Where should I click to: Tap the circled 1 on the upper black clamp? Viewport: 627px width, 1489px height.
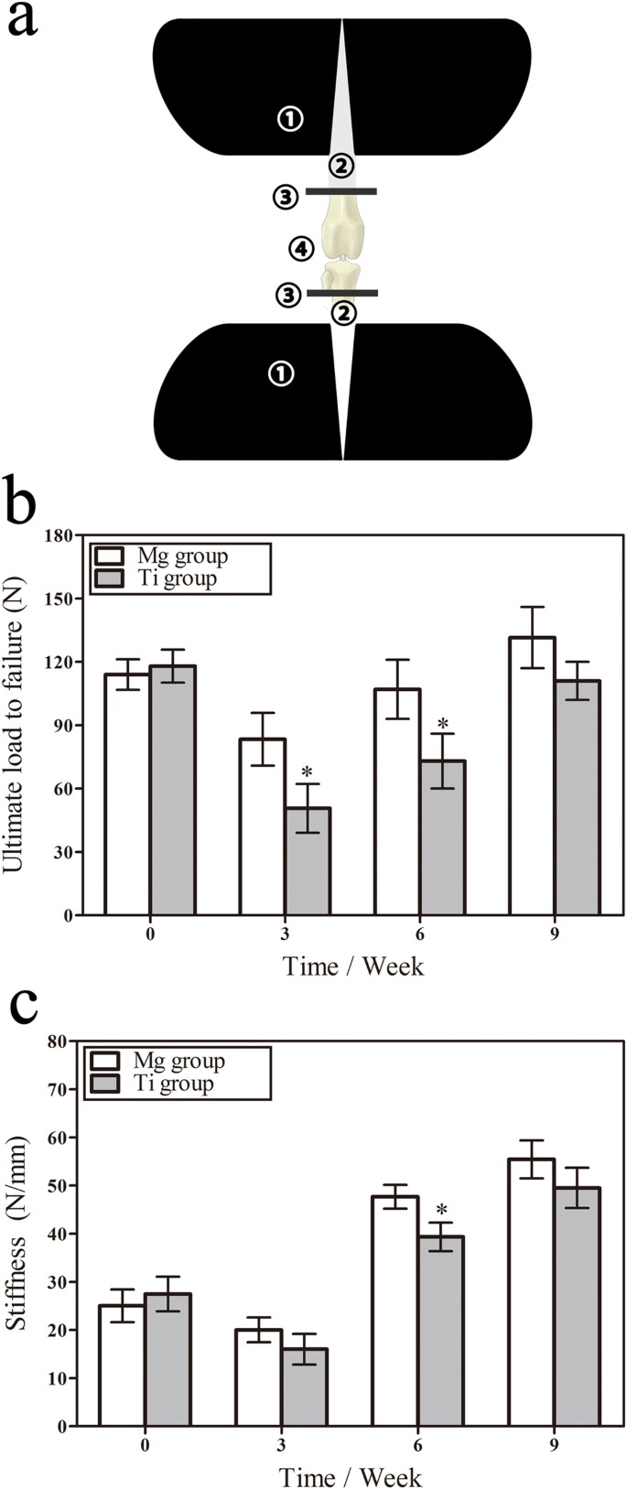tap(290, 119)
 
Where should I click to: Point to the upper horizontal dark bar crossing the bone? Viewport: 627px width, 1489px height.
tap(341, 191)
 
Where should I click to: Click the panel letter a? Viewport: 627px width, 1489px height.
tap(22, 20)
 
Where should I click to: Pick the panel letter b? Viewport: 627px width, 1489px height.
tap(22, 502)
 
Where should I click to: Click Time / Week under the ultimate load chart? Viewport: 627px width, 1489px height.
tap(352, 966)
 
